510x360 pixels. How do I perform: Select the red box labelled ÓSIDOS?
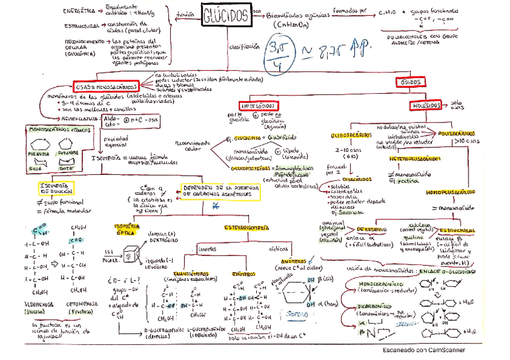point(410,82)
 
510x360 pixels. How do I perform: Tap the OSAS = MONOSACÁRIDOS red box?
point(106,87)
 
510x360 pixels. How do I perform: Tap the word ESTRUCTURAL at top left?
point(81,26)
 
